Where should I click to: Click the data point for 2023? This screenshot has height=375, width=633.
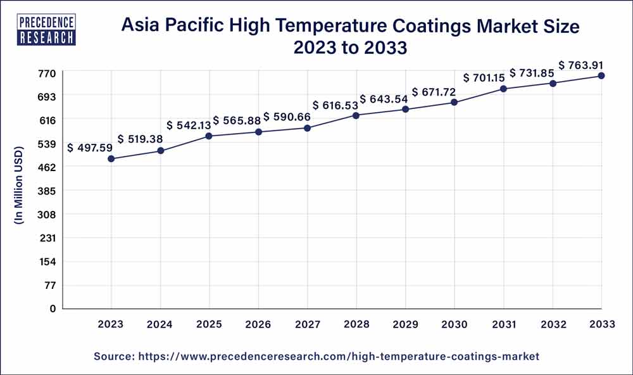[111, 159]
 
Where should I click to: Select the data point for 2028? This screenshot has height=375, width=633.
[356, 115]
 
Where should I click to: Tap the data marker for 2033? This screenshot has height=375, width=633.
[601, 76]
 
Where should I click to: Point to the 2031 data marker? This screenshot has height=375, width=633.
[503, 89]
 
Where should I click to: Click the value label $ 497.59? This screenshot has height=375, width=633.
[90, 148]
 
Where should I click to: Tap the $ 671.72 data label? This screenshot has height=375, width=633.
[434, 92]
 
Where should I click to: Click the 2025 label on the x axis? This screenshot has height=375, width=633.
[209, 324]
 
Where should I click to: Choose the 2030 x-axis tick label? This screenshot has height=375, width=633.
[454, 324]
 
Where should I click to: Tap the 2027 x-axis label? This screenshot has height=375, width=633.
[307, 324]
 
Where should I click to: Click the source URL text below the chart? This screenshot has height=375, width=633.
[316, 357]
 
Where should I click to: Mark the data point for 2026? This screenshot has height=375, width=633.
[258, 132]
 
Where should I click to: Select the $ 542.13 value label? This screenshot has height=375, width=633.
[189, 125]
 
